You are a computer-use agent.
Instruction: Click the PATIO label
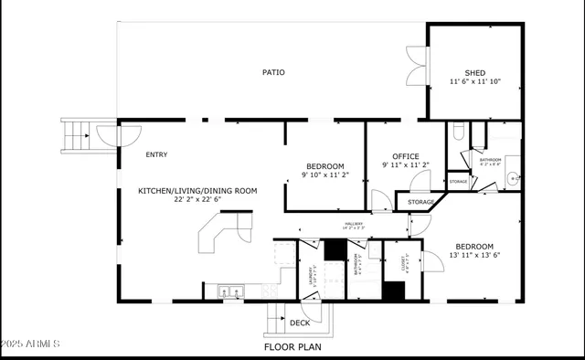(273, 72)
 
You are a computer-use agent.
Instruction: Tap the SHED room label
(474, 73)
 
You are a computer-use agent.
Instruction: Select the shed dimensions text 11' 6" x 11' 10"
(475, 82)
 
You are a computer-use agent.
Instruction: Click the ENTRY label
(156, 154)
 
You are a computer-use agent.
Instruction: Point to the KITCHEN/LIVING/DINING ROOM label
(197, 191)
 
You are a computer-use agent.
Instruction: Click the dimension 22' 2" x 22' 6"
(197, 200)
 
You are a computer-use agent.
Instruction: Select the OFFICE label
(406, 156)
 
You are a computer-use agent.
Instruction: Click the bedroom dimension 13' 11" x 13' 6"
(474, 256)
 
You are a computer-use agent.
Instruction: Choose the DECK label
(299, 323)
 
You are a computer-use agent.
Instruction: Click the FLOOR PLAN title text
(292, 347)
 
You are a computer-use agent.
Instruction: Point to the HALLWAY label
(354, 224)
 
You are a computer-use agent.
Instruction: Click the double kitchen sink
(231, 292)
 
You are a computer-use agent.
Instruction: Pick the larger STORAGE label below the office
(420, 201)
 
